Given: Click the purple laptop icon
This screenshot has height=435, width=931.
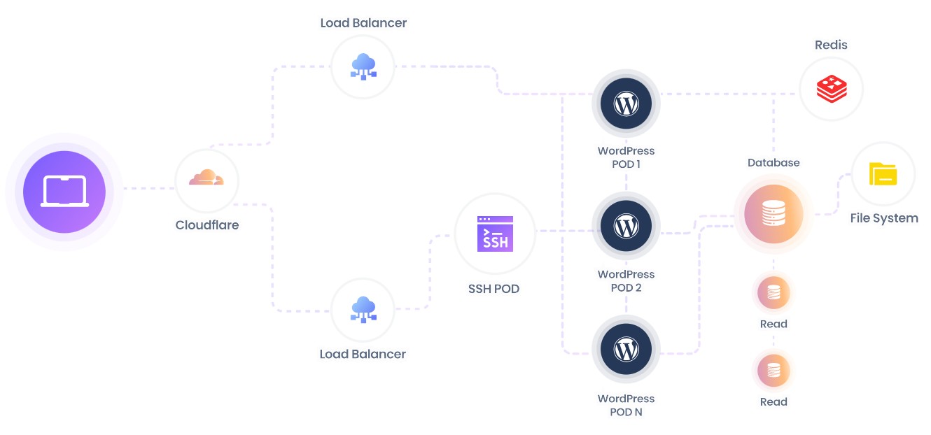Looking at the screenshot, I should pos(64,190).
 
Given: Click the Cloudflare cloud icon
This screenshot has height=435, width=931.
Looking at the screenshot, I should pos(206,179).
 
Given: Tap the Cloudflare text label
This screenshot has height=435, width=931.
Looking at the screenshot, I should pos(206,225).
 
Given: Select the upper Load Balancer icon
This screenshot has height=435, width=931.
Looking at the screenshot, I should pos(363,67).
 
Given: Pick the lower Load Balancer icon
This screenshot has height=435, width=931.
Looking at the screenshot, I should pos(363,309).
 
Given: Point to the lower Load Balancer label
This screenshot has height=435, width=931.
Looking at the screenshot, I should pos(363,354).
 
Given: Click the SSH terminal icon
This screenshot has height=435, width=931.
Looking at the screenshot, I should pos(495,234).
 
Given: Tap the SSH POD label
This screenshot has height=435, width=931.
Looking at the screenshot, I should pos(493,288).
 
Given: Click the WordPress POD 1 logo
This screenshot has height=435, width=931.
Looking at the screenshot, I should pos(626,104).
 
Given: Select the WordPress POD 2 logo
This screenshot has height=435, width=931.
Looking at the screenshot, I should pos(626,227).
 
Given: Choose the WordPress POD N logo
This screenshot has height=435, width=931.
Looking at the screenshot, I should pos(626,349).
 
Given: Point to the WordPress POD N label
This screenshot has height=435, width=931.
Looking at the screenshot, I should pos(626,405).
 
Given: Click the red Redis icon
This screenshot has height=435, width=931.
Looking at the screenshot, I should pos(832,89).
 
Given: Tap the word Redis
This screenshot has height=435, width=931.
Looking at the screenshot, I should pos(831,45).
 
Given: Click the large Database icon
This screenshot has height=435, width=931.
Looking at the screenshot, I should pos(773,214).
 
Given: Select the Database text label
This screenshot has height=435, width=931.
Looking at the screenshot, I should pos(773,162).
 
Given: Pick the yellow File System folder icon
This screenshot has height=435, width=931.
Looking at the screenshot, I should pos(883,174).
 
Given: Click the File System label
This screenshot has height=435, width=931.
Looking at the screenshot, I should pos(883,218).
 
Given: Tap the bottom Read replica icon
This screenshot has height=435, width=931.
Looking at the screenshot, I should pos(773,370).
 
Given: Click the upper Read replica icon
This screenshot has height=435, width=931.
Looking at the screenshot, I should pos(773,293).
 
